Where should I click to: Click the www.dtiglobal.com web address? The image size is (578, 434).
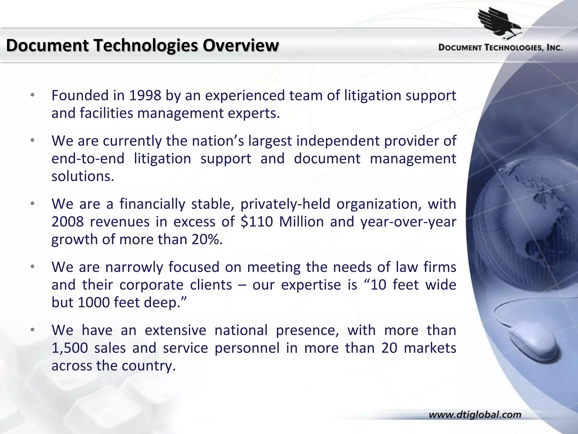click(x=475, y=415)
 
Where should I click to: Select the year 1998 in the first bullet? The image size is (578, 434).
click(x=145, y=96)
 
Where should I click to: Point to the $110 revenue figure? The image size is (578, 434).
click(x=257, y=222)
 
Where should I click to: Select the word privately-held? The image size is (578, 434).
click(x=285, y=204)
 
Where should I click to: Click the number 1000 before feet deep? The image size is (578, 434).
click(x=94, y=303)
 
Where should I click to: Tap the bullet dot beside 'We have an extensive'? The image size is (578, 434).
click(x=33, y=330)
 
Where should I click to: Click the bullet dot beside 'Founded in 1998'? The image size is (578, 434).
click(x=33, y=95)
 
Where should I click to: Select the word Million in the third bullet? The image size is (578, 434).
click(x=301, y=222)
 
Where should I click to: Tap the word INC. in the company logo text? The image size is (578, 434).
click(x=554, y=48)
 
